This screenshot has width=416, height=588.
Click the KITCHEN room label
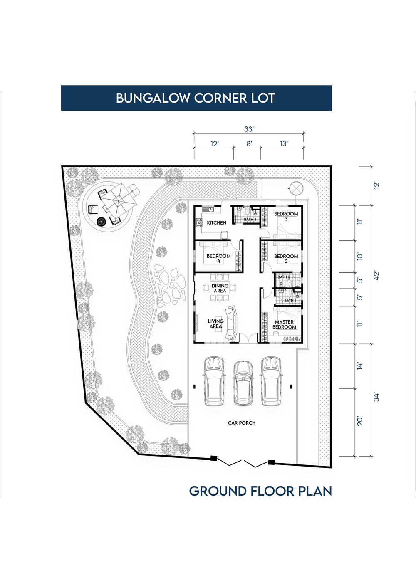216,223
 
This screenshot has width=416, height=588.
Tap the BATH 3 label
250,219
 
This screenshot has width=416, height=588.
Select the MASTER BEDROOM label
285,324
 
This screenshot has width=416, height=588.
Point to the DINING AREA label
220,288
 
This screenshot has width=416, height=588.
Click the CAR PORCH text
242,423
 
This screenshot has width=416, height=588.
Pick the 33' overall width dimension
249,129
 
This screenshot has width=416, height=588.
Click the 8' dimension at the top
249,143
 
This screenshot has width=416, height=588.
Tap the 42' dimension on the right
376,276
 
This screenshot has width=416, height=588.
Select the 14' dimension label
360,366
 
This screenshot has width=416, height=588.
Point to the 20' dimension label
360,421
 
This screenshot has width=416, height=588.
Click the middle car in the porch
243,383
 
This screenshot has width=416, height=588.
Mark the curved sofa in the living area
231,324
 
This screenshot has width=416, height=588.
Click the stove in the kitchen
199,223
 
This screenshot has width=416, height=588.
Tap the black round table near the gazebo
101,222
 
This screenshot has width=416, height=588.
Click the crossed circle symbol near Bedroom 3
296,188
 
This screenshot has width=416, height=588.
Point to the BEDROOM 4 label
218,259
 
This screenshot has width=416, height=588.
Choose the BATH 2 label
284,277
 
